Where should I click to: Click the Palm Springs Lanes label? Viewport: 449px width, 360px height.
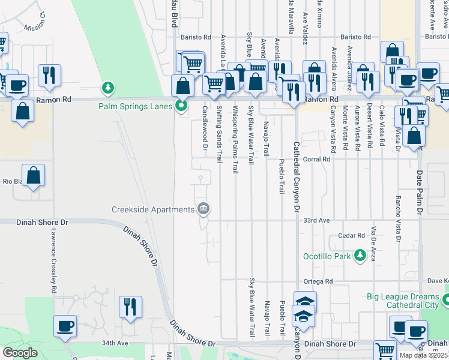coord(136,107)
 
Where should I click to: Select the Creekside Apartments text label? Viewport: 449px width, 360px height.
coord(153,209)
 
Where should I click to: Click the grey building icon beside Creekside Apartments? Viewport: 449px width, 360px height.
coord(204,209)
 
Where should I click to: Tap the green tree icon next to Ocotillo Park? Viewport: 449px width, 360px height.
coord(360,256)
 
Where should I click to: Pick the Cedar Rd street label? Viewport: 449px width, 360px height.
coord(352,236)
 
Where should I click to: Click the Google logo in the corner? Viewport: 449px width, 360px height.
coord(20,353)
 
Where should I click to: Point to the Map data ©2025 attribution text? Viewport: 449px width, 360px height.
coord(424,355)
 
